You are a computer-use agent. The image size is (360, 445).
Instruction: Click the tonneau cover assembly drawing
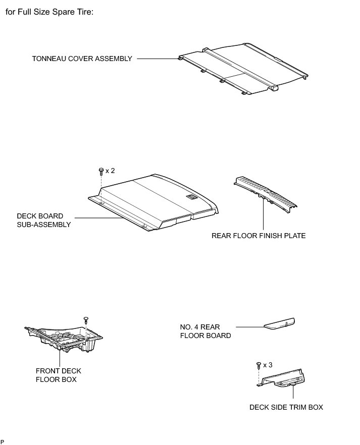tap(242, 71)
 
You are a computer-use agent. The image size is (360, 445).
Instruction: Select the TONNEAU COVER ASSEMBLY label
tap(82, 59)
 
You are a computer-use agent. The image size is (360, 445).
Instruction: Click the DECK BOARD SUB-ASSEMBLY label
tap(44, 220)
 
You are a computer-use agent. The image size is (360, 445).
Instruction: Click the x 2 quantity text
tap(110, 171)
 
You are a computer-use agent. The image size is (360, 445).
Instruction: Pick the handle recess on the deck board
tap(191, 198)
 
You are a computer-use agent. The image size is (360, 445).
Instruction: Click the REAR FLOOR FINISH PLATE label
tap(259, 236)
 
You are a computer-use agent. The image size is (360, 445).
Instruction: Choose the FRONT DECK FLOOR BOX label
tap(58, 375)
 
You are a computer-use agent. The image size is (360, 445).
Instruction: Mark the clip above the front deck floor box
tap(85, 319)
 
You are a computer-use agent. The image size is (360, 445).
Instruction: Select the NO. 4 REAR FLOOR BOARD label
tap(205, 331)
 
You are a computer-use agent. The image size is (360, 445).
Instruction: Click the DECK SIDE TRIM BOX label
tap(286, 407)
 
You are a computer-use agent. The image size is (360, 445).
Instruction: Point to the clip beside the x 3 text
tap(259, 364)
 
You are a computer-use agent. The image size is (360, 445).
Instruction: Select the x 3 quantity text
tap(268, 364)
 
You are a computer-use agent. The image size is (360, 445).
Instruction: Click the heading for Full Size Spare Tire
tap(49, 12)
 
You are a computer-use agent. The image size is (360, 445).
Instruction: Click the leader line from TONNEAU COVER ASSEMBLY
tap(157, 59)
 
